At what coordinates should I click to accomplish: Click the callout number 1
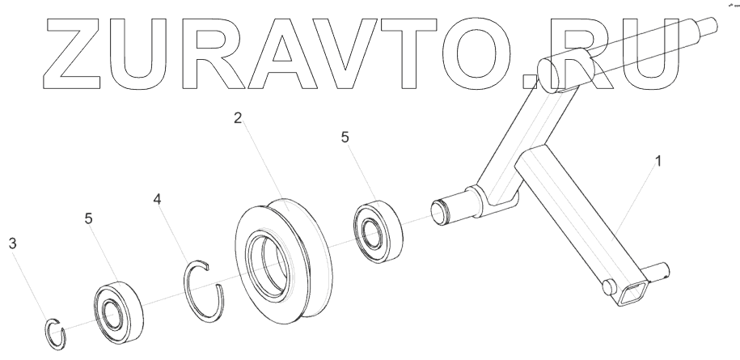click(658, 161)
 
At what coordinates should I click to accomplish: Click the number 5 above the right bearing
click(345, 138)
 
